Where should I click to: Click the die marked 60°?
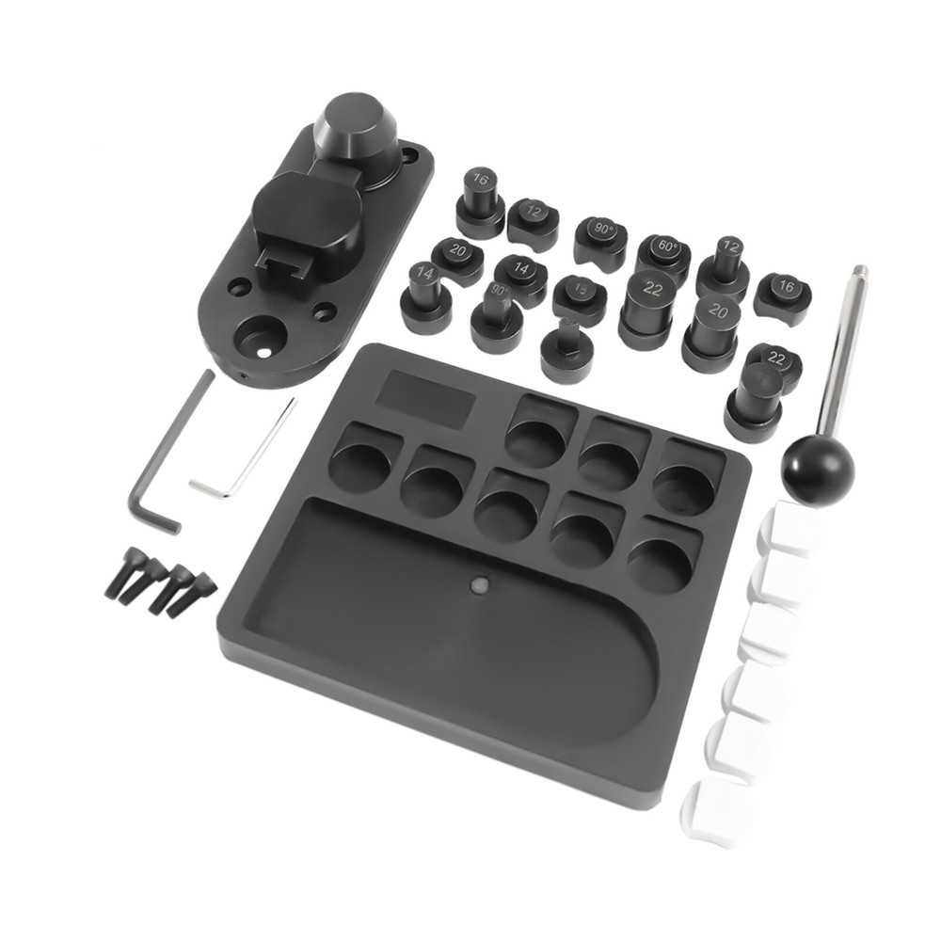coord(663,253)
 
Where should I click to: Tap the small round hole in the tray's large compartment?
coord(479,585)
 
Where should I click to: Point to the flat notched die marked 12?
coord(534,216)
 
